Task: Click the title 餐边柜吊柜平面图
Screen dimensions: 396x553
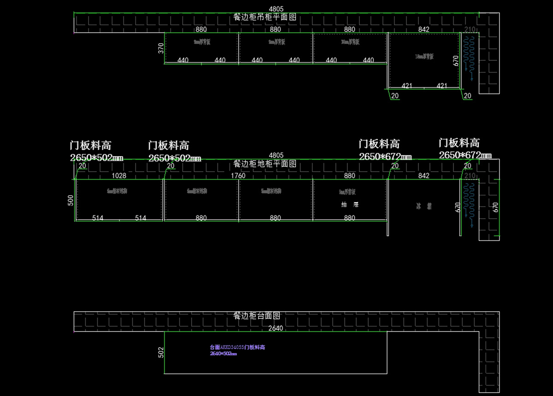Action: click(x=265, y=17)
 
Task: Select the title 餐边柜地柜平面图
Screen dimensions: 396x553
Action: click(x=265, y=164)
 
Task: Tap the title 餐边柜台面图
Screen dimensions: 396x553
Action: click(x=257, y=316)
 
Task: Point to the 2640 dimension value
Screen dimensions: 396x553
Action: click(x=276, y=328)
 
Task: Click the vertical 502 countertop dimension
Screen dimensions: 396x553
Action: click(x=161, y=352)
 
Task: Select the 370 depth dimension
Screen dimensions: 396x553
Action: click(x=161, y=48)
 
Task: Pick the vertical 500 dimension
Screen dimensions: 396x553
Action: click(x=71, y=200)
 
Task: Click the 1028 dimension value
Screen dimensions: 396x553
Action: click(x=119, y=175)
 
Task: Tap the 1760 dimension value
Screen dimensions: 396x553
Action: click(x=238, y=175)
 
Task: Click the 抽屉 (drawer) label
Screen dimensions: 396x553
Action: click(x=350, y=204)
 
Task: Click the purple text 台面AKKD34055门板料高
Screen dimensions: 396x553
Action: click(x=237, y=347)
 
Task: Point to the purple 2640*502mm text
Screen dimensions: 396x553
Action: click(x=223, y=354)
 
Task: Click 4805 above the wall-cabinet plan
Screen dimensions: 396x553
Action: click(x=276, y=9)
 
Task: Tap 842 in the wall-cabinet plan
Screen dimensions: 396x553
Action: click(x=424, y=29)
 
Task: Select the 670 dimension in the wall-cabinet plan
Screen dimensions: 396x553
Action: click(x=456, y=61)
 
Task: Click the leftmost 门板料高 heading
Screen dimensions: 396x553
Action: click(x=90, y=146)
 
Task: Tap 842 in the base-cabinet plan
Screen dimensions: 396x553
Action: click(x=424, y=175)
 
